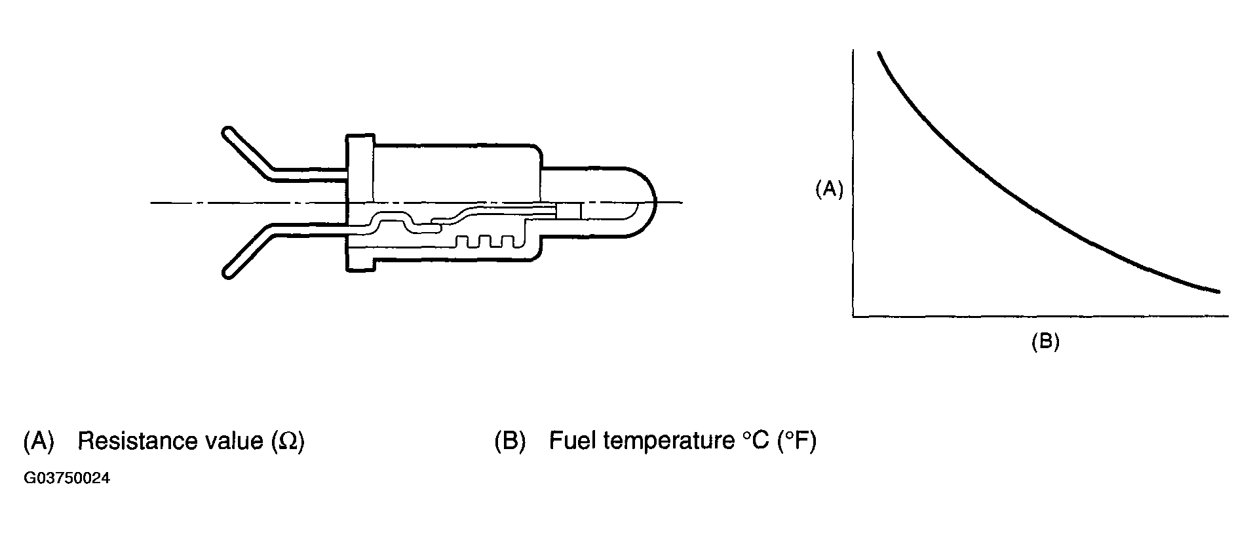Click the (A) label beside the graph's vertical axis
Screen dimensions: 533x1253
point(828,189)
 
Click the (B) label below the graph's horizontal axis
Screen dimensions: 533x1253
point(1045,342)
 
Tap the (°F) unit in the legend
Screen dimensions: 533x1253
point(797,441)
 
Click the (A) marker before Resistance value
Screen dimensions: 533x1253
point(38,442)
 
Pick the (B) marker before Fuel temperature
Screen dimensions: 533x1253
point(510,442)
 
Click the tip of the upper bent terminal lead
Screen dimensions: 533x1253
point(228,132)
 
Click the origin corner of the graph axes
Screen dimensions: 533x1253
point(853,317)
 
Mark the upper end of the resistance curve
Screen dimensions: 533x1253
point(878,52)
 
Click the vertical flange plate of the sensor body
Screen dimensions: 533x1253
point(360,203)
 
